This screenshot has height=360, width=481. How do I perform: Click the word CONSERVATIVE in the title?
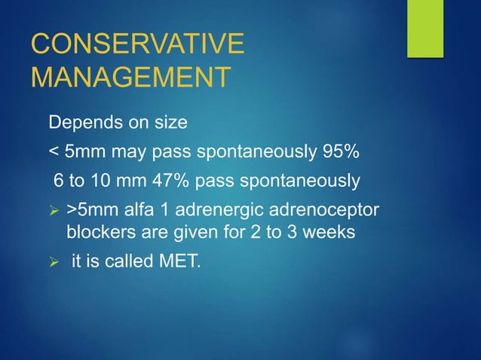pos(137,44)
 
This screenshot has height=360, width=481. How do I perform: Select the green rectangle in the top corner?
pos(425,29)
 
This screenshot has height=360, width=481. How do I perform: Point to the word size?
pos(161,122)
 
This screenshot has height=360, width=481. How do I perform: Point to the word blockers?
pos(97,232)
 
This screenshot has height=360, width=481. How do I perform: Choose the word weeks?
pos(329,232)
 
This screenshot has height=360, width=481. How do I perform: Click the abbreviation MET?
pos(182,263)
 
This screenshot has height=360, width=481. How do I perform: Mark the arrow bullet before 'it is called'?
pos(54,264)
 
